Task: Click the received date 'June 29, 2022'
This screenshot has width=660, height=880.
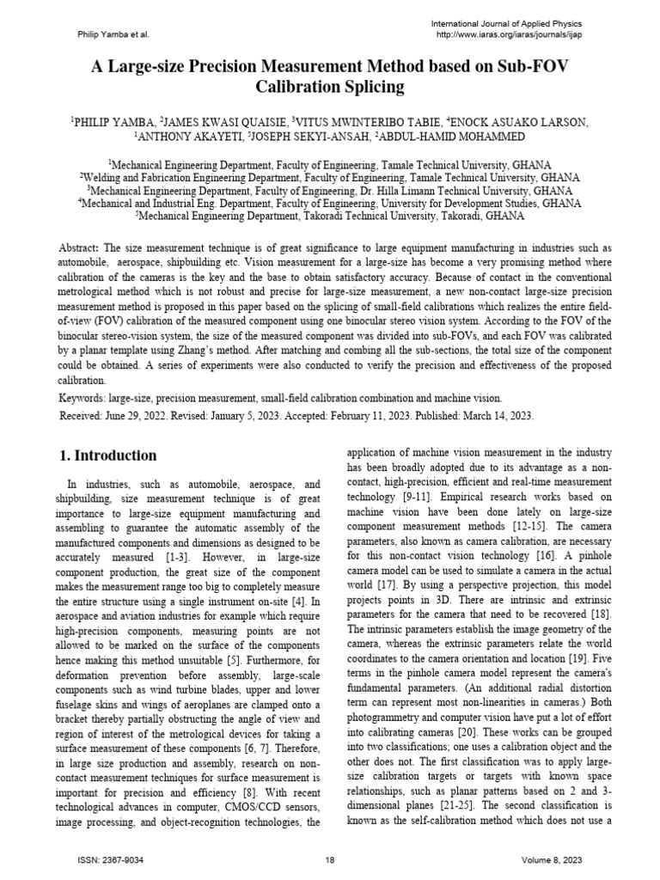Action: (x=142, y=414)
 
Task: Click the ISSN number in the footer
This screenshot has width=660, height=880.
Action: (x=110, y=860)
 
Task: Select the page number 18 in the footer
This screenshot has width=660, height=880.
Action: (x=330, y=860)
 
